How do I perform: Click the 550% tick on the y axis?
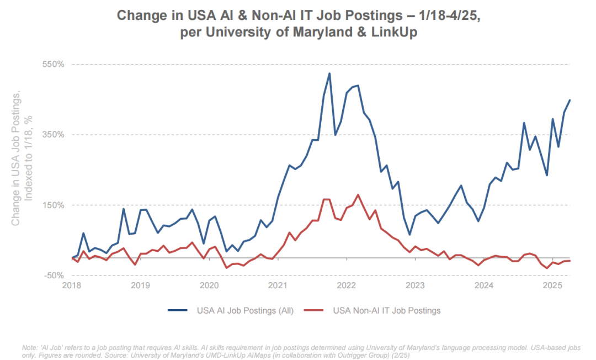(54, 64)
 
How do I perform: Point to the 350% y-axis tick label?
(54, 135)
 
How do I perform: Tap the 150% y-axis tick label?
(54, 205)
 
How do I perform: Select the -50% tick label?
(55, 276)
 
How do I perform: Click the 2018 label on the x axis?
(72, 285)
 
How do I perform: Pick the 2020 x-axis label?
(209, 285)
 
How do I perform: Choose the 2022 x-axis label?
(347, 285)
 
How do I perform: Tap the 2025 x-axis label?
(552, 285)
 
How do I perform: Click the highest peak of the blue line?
(329, 73)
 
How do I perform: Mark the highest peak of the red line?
(358, 195)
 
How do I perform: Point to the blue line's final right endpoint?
(570, 100)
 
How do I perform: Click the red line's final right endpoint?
(570, 261)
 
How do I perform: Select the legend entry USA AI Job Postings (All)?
(245, 310)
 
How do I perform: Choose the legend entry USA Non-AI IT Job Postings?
(386, 310)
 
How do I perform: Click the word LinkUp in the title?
(394, 33)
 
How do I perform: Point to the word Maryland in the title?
(324, 33)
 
